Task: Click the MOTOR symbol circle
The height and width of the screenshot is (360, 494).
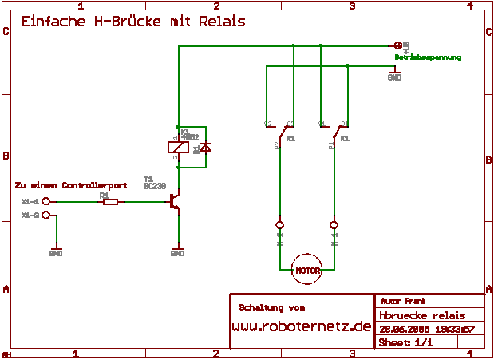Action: tap(307, 270)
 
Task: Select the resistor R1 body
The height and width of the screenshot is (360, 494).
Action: tap(110, 202)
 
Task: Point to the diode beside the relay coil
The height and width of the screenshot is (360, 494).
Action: tap(205, 148)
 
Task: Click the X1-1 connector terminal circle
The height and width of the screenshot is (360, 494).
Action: tap(46, 202)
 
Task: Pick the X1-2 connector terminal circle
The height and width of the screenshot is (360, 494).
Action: tap(46, 216)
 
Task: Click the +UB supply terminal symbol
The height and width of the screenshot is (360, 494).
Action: tap(398, 45)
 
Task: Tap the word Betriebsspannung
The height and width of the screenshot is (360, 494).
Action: tap(428, 57)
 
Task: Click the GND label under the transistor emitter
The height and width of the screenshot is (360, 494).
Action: tap(177, 253)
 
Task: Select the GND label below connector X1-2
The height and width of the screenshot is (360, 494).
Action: tap(56, 253)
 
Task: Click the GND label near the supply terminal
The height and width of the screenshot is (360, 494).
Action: tap(394, 77)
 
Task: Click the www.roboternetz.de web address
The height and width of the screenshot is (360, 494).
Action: tap(302, 326)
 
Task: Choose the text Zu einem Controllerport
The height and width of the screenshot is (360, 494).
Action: tap(71, 184)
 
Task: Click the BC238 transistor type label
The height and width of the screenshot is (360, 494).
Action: tap(155, 185)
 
